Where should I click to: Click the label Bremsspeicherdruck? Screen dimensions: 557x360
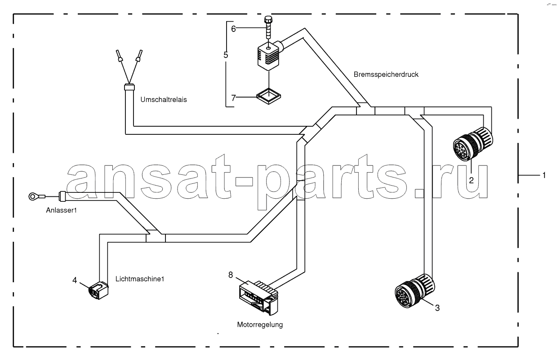click(386, 75)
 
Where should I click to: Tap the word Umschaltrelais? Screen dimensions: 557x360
click(164, 100)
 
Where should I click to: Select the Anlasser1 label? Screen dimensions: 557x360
click(62, 210)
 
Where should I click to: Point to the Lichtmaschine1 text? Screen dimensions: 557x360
click(140, 279)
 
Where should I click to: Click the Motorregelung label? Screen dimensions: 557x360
click(260, 324)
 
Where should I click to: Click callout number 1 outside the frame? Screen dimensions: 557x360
click(544, 175)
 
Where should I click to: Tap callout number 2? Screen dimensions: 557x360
click(471, 181)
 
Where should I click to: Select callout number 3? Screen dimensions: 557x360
click(437, 308)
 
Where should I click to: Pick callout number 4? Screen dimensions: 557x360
click(75, 280)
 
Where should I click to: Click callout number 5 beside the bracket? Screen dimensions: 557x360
click(226, 55)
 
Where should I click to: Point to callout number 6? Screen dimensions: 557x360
click(233, 29)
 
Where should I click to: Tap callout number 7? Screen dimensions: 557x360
click(233, 98)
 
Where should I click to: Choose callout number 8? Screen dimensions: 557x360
click(231, 275)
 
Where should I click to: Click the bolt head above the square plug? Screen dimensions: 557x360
click(268, 19)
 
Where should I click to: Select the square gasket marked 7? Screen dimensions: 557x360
click(268, 96)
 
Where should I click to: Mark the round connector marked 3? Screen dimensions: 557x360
click(415, 291)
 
